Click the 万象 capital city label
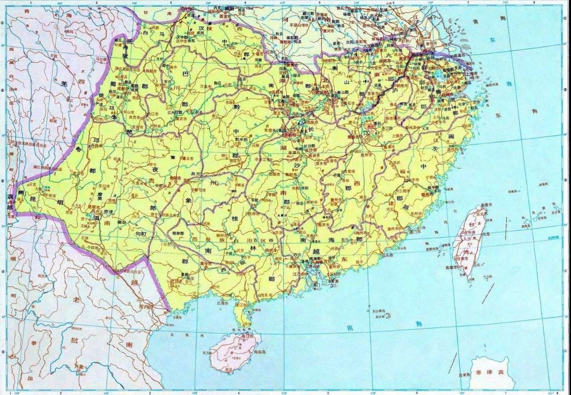coord(79,366)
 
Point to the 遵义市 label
coord(187,158)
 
